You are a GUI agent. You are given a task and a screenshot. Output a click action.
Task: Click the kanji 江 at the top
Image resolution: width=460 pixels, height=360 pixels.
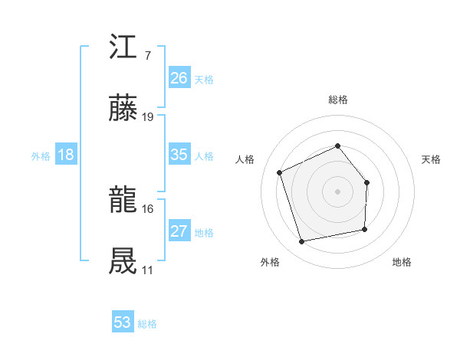coord(123,48)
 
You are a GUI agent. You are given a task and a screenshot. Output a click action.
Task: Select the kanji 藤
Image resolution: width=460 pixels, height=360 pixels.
coord(123,110)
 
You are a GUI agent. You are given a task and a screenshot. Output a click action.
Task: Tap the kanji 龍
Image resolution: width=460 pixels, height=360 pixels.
coord(123,201)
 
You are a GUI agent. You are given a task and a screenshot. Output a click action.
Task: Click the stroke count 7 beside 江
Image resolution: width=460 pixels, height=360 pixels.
coord(147,57)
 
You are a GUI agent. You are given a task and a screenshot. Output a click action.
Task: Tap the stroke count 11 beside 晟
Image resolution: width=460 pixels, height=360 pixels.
coord(148,270)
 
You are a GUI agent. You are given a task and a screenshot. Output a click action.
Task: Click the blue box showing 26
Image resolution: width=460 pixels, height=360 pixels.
coord(179,78)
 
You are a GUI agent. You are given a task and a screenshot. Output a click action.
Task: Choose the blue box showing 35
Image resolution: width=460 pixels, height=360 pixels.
coord(179,155)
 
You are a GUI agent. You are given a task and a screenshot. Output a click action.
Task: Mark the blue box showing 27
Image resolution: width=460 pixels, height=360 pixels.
coord(179,231)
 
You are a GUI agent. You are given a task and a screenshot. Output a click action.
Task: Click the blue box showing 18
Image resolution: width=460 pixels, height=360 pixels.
coord(66,155)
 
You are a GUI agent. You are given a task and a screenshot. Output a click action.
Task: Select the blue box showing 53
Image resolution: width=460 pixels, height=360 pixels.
coord(122,322)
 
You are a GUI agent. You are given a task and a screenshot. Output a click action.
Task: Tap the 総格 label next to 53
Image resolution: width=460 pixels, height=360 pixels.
coord(147,324)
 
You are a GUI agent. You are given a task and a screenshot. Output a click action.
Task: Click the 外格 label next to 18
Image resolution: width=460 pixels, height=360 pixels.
coord(41,156)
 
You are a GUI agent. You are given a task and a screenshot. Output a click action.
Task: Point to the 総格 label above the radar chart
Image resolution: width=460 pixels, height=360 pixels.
coord(337,100)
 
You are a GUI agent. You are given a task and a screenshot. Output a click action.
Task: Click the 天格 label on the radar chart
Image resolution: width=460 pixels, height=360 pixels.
coord(431,159)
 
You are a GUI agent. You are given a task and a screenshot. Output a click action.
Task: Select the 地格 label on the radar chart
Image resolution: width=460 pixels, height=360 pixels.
coord(402,262)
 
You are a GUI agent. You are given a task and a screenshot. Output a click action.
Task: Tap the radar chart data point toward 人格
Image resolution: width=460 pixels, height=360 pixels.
coord(280,172)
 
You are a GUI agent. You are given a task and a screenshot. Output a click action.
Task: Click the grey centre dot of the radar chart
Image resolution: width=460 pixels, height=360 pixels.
coord(337,191)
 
